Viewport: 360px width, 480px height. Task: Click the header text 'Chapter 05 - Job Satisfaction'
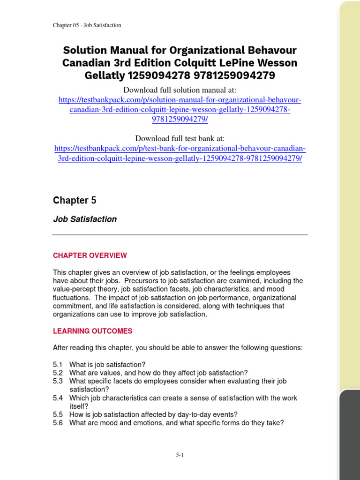coord(87,25)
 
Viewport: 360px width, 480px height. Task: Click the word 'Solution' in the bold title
coord(84,50)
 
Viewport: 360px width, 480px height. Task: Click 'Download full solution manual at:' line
coord(180,90)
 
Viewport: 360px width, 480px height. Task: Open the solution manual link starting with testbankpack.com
coord(180,100)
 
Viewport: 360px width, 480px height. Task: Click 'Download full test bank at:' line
coord(180,138)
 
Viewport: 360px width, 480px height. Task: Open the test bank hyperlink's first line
coord(180,149)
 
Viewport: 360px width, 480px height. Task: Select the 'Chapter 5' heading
coord(75,201)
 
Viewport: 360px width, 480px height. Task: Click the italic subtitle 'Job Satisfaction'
coord(84,219)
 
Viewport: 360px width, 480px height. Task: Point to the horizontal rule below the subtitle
coord(180,234)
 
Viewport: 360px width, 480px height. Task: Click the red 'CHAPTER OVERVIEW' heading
coord(90,255)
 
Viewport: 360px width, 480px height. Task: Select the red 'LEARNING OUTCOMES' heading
coord(92,331)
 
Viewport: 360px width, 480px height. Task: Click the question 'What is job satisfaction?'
coord(107,365)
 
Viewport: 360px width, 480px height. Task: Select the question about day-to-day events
coord(153,414)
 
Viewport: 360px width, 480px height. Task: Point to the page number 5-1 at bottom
coord(180,455)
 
